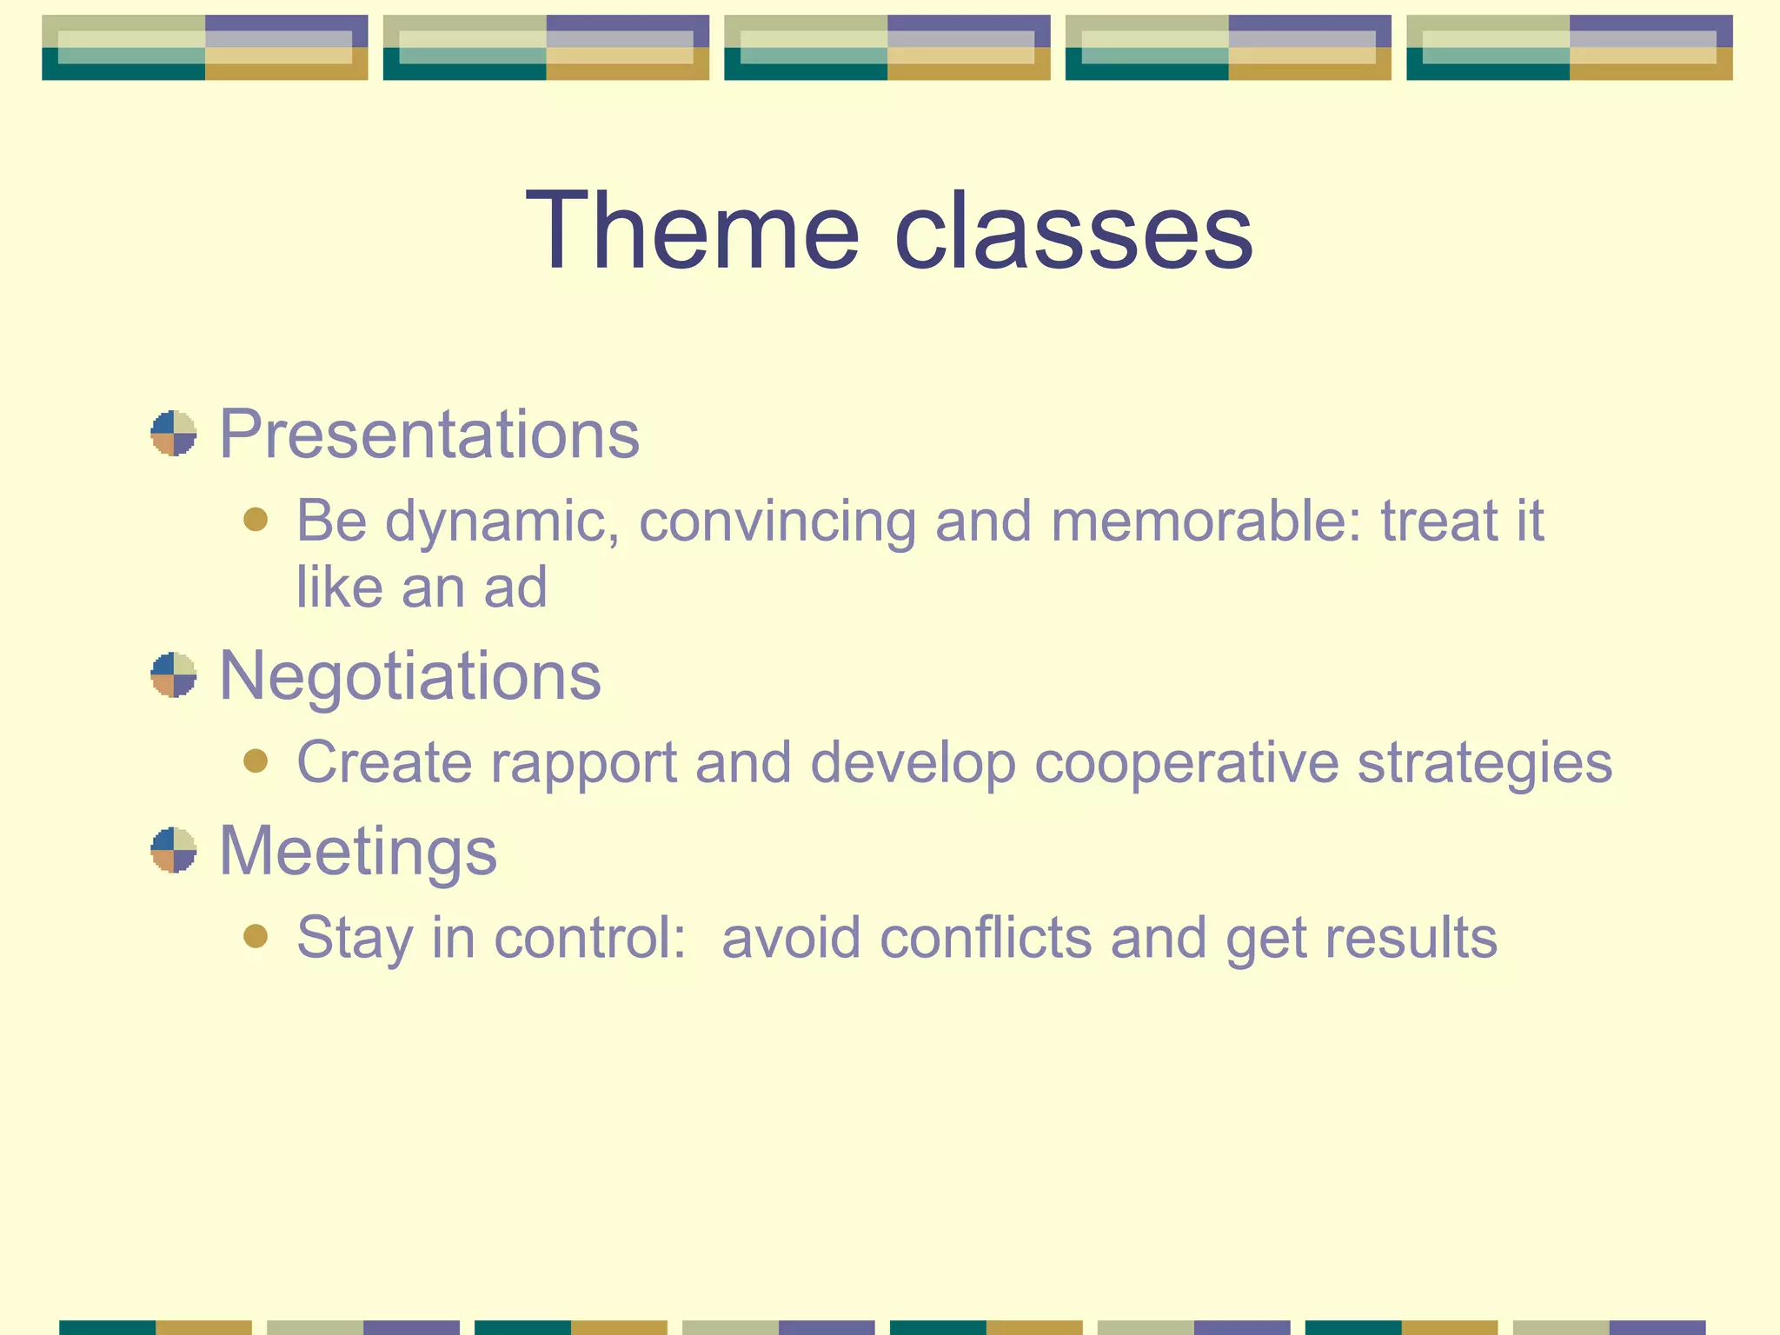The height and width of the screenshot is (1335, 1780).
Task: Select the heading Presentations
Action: [x=428, y=434]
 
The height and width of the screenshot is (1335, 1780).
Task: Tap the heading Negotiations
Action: [x=409, y=675]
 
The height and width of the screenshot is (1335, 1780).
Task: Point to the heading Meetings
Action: [x=357, y=850]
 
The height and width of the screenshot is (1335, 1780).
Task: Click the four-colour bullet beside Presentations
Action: [x=173, y=434]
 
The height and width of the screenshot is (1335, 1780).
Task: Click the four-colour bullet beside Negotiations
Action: [x=173, y=675]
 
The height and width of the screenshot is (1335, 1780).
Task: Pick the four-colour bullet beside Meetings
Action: [x=173, y=850]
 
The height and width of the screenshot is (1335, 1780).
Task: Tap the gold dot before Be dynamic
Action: [x=256, y=520]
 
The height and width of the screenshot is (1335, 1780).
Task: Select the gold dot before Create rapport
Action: [x=256, y=761]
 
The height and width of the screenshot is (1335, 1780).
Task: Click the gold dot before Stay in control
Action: [x=256, y=936]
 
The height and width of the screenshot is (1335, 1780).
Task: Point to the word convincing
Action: [x=777, y=521]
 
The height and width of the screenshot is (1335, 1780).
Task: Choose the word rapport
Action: [x=583, y=763]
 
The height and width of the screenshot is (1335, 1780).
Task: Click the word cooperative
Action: [x=1186, y=762]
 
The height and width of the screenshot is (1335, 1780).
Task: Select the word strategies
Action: [x=1484, y=763]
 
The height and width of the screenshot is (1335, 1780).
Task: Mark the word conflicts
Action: [x=986, y=937]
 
